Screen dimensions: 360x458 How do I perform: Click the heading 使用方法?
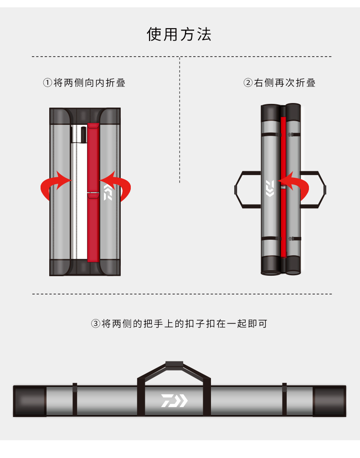(x=179, y=34)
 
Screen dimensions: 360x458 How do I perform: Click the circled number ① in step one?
(x=47, y=82)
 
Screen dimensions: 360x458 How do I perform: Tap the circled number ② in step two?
(x=248, y=82)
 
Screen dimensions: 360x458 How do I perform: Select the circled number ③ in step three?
(x=96, y=324)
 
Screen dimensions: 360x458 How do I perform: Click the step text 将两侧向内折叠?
(x=89, y=82)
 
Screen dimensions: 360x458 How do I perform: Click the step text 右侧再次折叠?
(x=285, y=82)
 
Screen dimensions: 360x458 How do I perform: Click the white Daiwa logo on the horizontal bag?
(x=175, y=401)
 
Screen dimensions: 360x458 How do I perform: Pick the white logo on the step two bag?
(x=270, y=188)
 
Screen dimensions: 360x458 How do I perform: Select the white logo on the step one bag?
(x=108, y=192)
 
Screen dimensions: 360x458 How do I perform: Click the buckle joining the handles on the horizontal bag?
(x=175, y=364)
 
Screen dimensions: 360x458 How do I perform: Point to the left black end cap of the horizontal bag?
(x=30, y=401)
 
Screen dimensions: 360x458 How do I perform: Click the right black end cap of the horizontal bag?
(x=329, y=401)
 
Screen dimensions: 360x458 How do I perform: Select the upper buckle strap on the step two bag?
(x=281, y=134)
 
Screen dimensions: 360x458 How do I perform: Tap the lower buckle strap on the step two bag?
(x=281, y=239)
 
